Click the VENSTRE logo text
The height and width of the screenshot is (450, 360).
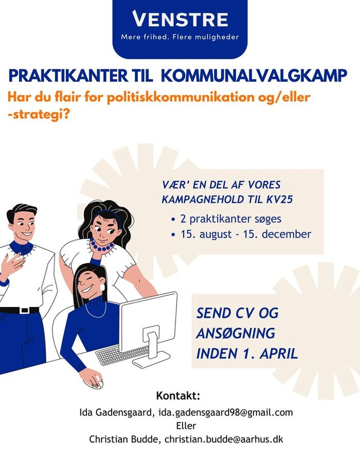coord(180,19)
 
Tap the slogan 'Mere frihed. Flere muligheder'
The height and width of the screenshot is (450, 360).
coord(180,37)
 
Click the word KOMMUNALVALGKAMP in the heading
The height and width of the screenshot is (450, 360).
coord(254,76)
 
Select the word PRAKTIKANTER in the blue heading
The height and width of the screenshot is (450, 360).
coord(68,76)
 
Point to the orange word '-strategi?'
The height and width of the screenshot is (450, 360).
coord(39,114)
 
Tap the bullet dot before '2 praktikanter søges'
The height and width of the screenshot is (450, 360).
coord(173,220)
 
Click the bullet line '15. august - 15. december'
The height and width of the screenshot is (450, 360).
coord(246,234)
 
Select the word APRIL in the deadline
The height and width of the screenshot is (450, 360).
coord(279,353)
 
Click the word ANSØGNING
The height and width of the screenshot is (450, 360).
coord(236,333)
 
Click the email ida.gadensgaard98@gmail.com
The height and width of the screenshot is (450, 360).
coord(226,412)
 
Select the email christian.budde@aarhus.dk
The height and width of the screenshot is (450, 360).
coord(224,439)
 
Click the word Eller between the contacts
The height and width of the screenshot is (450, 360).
coord(186,425)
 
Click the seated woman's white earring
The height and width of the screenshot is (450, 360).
coord(102,287)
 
